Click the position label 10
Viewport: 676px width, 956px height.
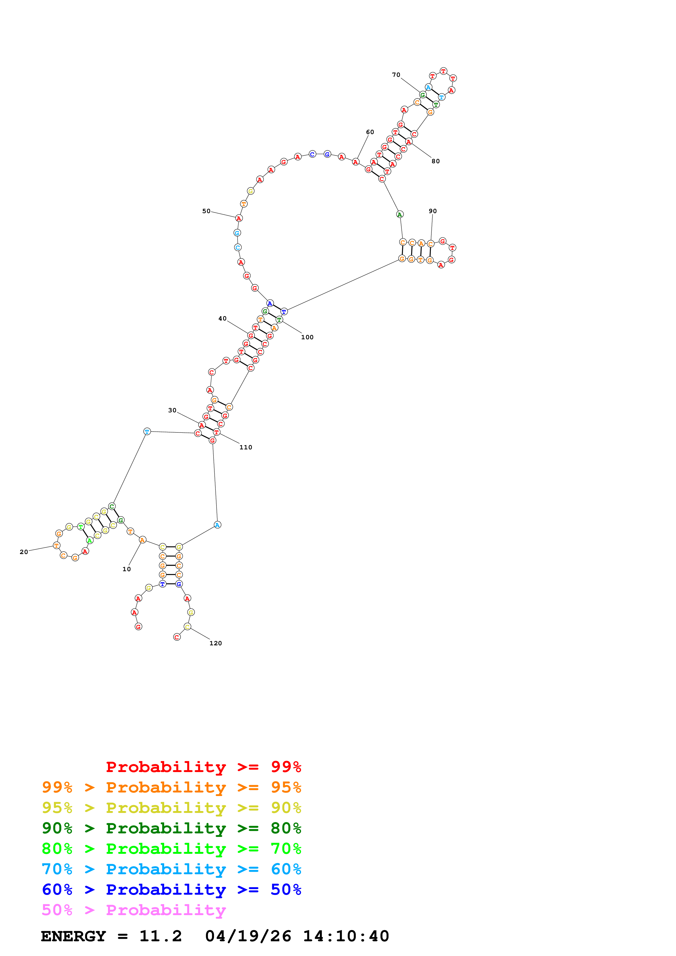pyautogui.click(x=127, y=569)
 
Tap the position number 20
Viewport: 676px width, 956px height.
pyautogui.click(x=24, y=552)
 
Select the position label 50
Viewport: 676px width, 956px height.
pyautogui.click(x=206, y=211)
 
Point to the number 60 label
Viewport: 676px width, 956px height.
pyautogui.click(x=370, y=132)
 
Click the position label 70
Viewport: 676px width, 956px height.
pyautogui.click(x=396, y=75)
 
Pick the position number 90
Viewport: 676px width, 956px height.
pyautogui.click(x=433, y=211)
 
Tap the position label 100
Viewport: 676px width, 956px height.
pyautogui.click(x=307, y=337)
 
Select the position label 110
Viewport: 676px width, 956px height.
pyautogui.click(x=246, y=447)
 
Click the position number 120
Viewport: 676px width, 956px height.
pyautogui.click(x=216, y=643)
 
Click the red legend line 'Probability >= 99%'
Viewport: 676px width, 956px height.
pyautogui.click(x=203, y=767)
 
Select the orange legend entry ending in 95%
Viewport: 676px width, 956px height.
pyautogui.click(x=171, y=787)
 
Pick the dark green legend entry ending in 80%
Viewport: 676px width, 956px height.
pyautogui.click(x=171, y=828)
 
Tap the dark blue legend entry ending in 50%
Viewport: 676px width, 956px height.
pyautogui.click(x=171, y=890)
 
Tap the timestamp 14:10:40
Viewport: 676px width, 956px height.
pyautogui.click(x=346, y=936)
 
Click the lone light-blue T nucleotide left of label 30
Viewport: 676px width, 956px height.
pyautogui.click(x=147, y=431)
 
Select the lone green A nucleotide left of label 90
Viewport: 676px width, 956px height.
pyautogui.click(x=399, y=214)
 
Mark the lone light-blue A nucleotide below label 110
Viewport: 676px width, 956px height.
pyautogui.click(x=217, y=525)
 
